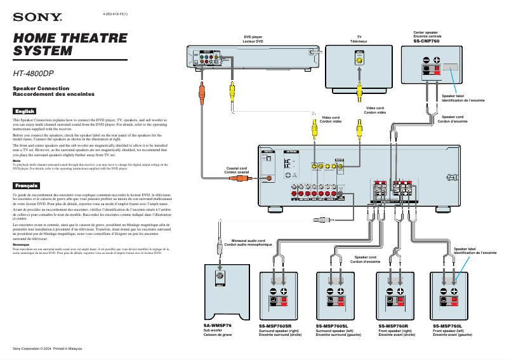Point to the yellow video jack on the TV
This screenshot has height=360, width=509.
(359, 62)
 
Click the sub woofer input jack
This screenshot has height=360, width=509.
(219, 277)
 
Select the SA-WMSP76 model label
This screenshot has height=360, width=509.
(218, 325)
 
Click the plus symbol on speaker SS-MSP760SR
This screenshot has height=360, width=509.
(285, 291)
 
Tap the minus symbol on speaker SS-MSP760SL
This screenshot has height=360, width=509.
(331, 291)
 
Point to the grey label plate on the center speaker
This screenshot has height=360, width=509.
(451, 67)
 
